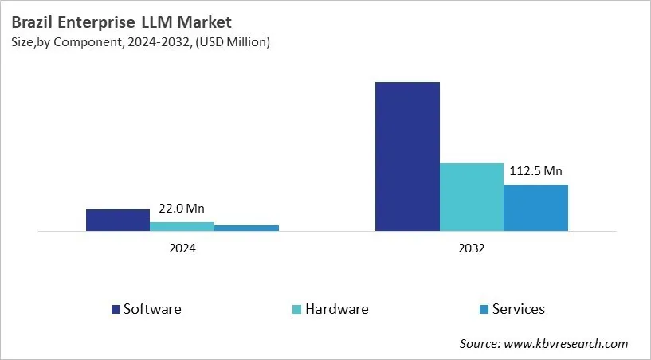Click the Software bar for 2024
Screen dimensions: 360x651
[x=118, y=221]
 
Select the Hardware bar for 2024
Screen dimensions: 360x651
[x=182, y=227]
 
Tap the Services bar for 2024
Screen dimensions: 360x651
[x=246, y=229]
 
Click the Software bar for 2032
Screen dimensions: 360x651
[x=407, y=156]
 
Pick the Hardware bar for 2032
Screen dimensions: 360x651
[x=472, y=198]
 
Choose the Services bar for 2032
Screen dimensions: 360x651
[x=535, y=208]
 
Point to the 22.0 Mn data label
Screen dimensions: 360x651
[x=182, y=209]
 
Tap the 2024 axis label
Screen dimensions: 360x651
[x=182, y=248]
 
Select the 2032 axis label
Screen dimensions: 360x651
[x=472, y=248]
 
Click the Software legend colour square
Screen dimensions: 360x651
[x=116, y=309]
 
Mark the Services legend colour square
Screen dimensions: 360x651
[x=484, y=309]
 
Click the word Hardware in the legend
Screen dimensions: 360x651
[x=338, y=309]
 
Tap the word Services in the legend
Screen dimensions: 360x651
[x=519, y=309]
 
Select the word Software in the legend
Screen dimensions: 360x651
[x=152, y=309]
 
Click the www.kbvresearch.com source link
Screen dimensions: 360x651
[x=565, y=344]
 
